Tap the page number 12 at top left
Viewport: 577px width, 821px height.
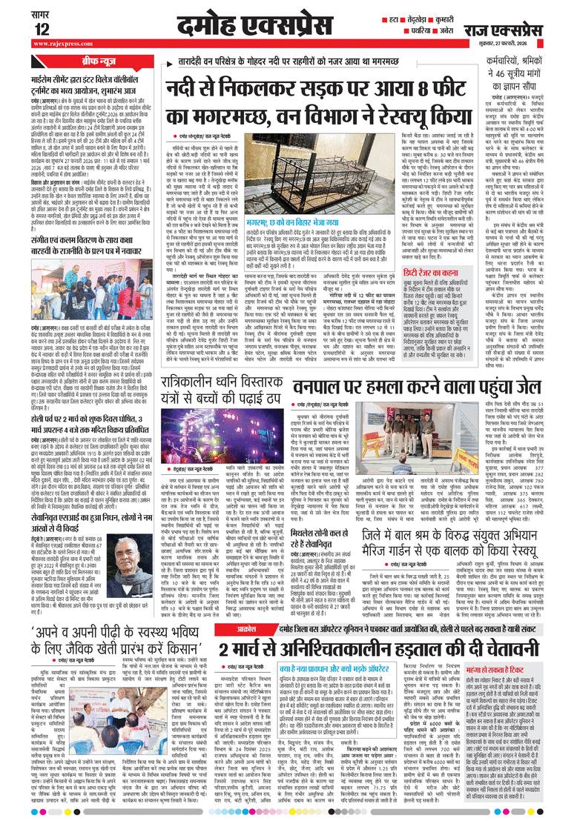click(x=42, y=29)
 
